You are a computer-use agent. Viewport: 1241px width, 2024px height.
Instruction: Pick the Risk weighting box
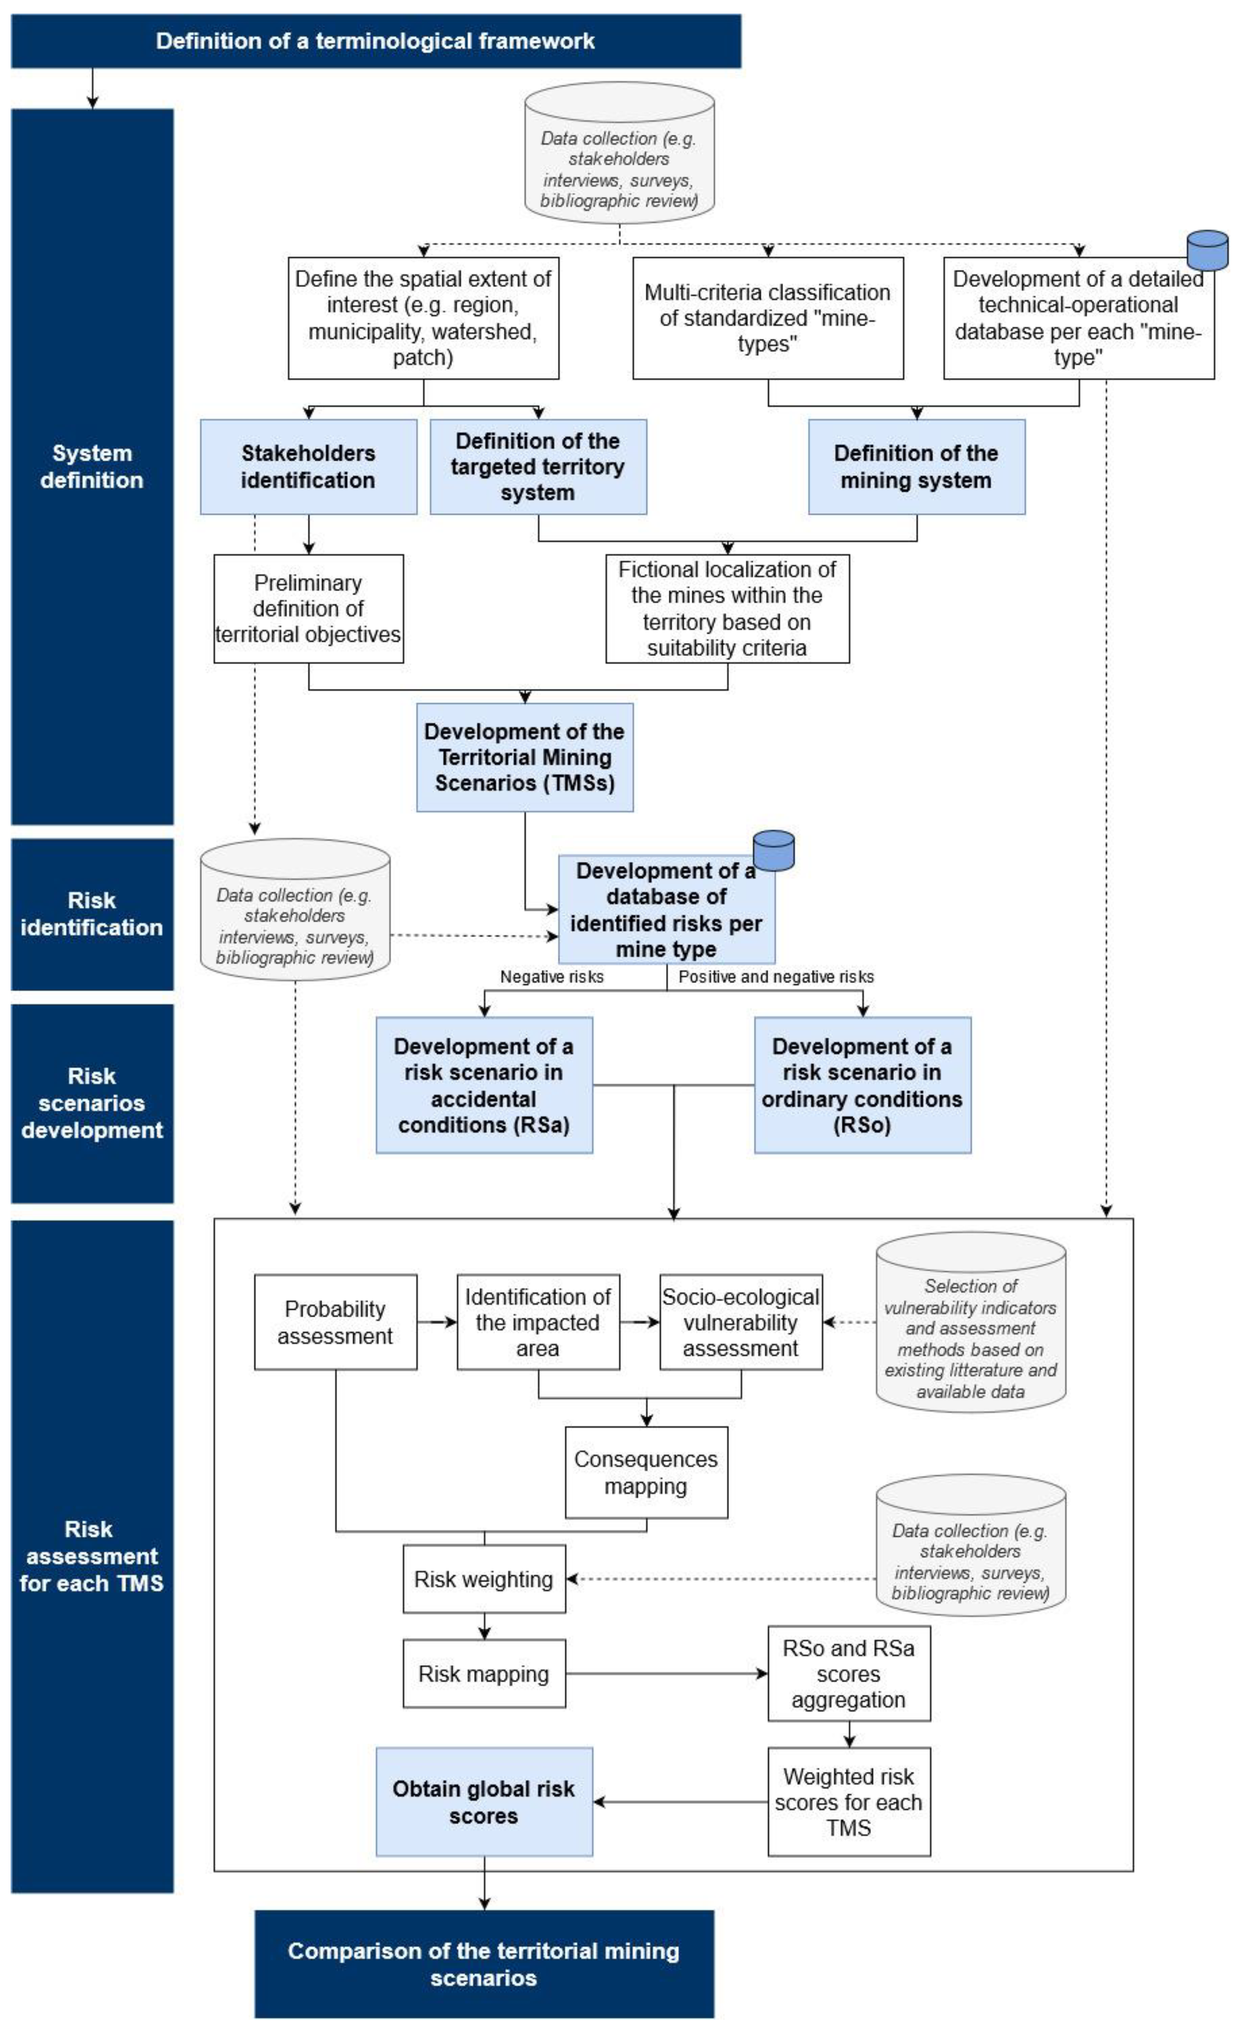(484, 1579)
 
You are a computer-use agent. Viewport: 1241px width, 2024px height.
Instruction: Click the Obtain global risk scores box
(484, 1801)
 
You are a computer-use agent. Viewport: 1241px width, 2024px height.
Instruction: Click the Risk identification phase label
(92, 913)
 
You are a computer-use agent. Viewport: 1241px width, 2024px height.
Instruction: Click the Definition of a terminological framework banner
(375, 41)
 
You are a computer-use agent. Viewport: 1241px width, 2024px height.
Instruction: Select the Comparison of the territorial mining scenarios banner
(484, 1963)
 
